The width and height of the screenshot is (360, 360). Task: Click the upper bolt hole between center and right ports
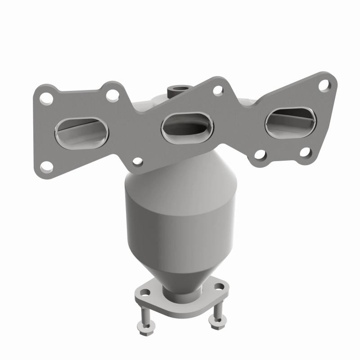[x=218, y=90]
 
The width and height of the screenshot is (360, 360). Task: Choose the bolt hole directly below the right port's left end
[x=260, y=155]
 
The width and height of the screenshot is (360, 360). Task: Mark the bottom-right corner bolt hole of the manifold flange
[x=305, y=153]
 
